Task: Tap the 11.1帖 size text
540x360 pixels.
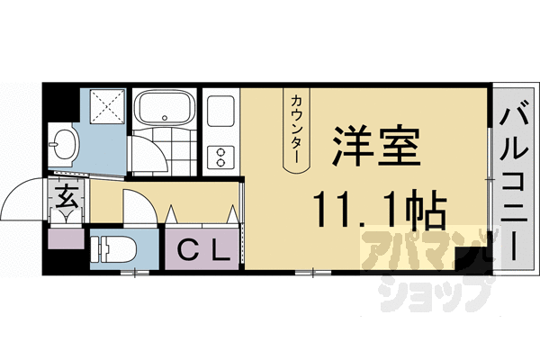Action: tap(379, 211)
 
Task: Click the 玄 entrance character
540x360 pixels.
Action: tap(68, 194)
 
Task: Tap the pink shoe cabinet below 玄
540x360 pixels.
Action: tap(65, 239)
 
